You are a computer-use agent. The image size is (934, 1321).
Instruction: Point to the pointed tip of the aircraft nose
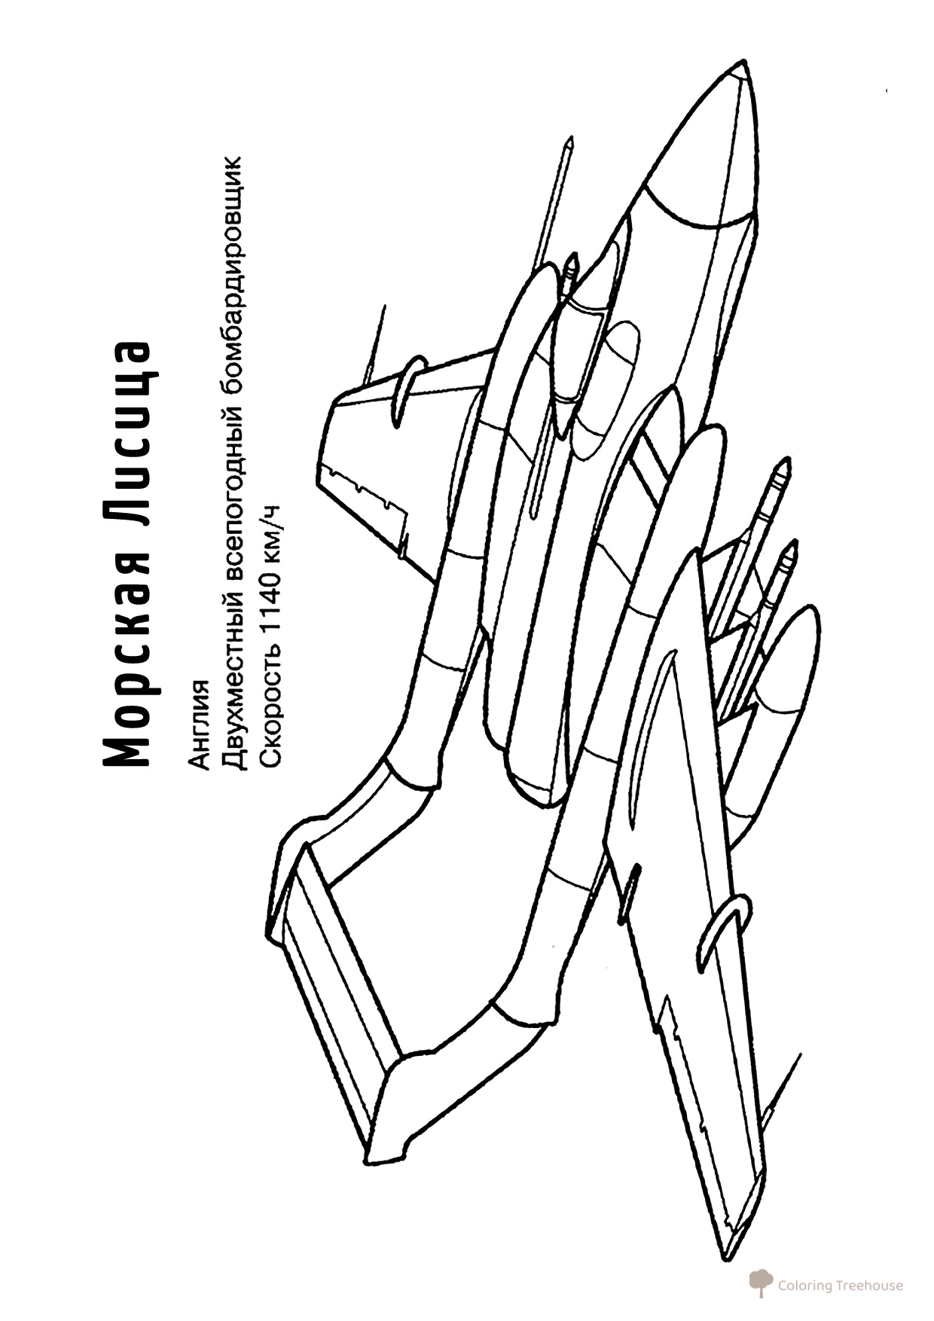(x=745, y=63)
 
